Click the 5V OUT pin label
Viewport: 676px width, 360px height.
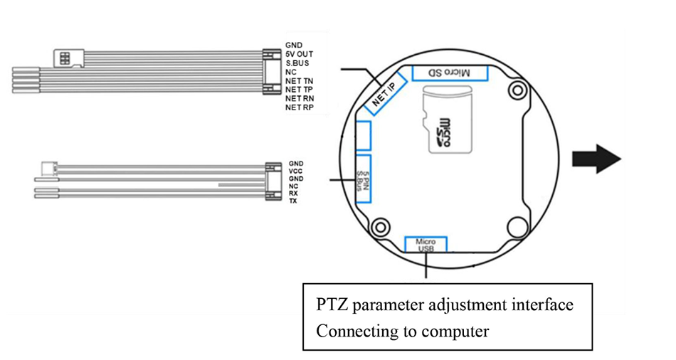(x=298, y=53)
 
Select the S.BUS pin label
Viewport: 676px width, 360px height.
(x=296, y=63)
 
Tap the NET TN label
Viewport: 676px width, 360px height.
(x=299, y=80)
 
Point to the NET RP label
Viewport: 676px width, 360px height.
(x=299, y=107)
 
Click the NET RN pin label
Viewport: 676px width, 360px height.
(x=299, y=98)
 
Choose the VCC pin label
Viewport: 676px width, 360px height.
(x=296, y=171)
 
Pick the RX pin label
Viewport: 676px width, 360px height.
(x=293, y=194)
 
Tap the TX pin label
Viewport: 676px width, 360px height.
(x=293, y=201)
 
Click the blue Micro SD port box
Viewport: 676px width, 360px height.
(x=450, y=73)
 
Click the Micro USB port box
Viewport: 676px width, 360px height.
(x=426, y=244)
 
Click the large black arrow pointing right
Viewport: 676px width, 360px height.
(x=599, y=157)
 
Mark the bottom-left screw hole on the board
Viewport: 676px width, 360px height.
(x=381, y=228)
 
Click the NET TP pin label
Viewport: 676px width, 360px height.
(x=299, y=90)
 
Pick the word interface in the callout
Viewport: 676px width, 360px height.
(x=542, y=305)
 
